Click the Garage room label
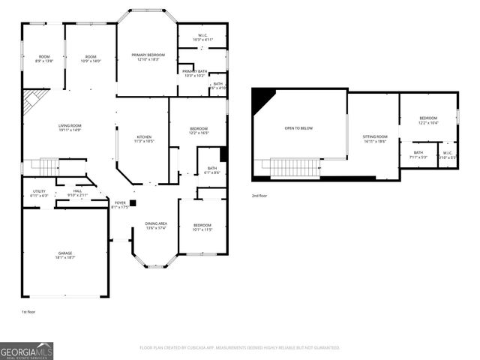pos(65,255)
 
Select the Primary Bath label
pos(194,73)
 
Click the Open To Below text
pos(298,128)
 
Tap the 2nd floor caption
pos(259,196)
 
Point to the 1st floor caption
pos(28,310)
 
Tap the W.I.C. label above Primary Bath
pos(203,37)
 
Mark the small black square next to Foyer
pos(133,202)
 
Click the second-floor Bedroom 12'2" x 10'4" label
pos(428,120)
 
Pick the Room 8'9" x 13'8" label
pos(43,58)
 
